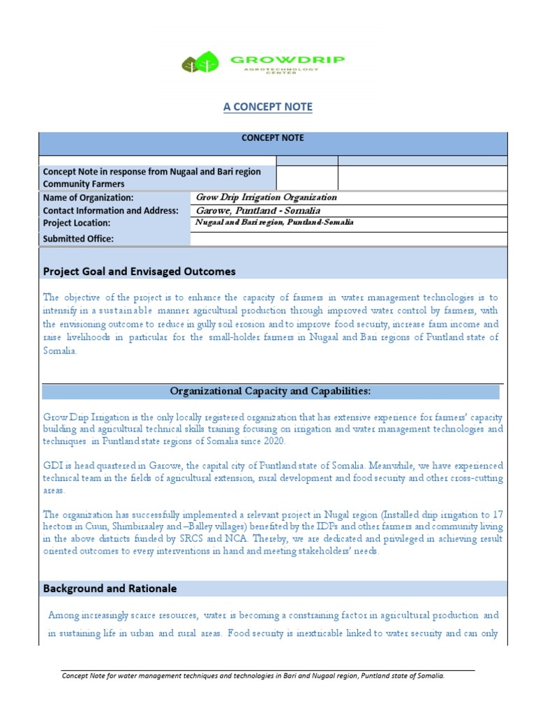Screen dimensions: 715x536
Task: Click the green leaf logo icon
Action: (x=200, y=62)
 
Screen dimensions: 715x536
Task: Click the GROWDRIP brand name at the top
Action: (x=288, y=60)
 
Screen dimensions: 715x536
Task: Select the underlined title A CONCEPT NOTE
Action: (x=268, y=107)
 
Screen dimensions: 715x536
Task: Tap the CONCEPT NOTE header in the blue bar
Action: (x=272, y=138)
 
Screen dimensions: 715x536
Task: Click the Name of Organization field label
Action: (x=88, y=198)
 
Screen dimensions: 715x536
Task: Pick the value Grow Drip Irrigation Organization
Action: (x=267, y=197)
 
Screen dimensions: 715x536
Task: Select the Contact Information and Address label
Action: (x=111, y=210)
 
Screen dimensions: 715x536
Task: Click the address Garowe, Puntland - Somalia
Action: (x=258, y=210)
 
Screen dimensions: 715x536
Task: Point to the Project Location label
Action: (x=77, y=223)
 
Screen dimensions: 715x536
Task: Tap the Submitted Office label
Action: (x=78, y=239)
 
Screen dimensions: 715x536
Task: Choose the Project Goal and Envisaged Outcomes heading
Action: (x=140, y=271)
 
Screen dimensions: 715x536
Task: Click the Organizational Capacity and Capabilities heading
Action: (x=271, y=390)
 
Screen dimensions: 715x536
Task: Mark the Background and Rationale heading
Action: (x=110, y=589)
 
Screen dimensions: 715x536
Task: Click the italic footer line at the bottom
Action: (x=253, y=676)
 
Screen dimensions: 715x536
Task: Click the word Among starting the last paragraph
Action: (x=64, y=615)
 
